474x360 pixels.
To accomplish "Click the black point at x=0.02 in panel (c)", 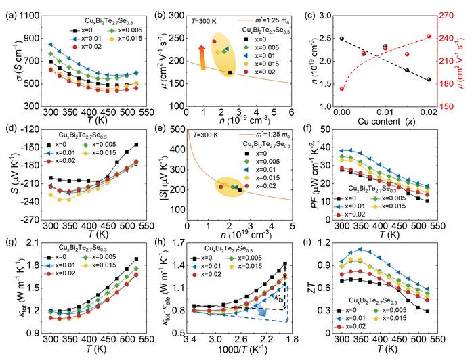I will tap(429, 79).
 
